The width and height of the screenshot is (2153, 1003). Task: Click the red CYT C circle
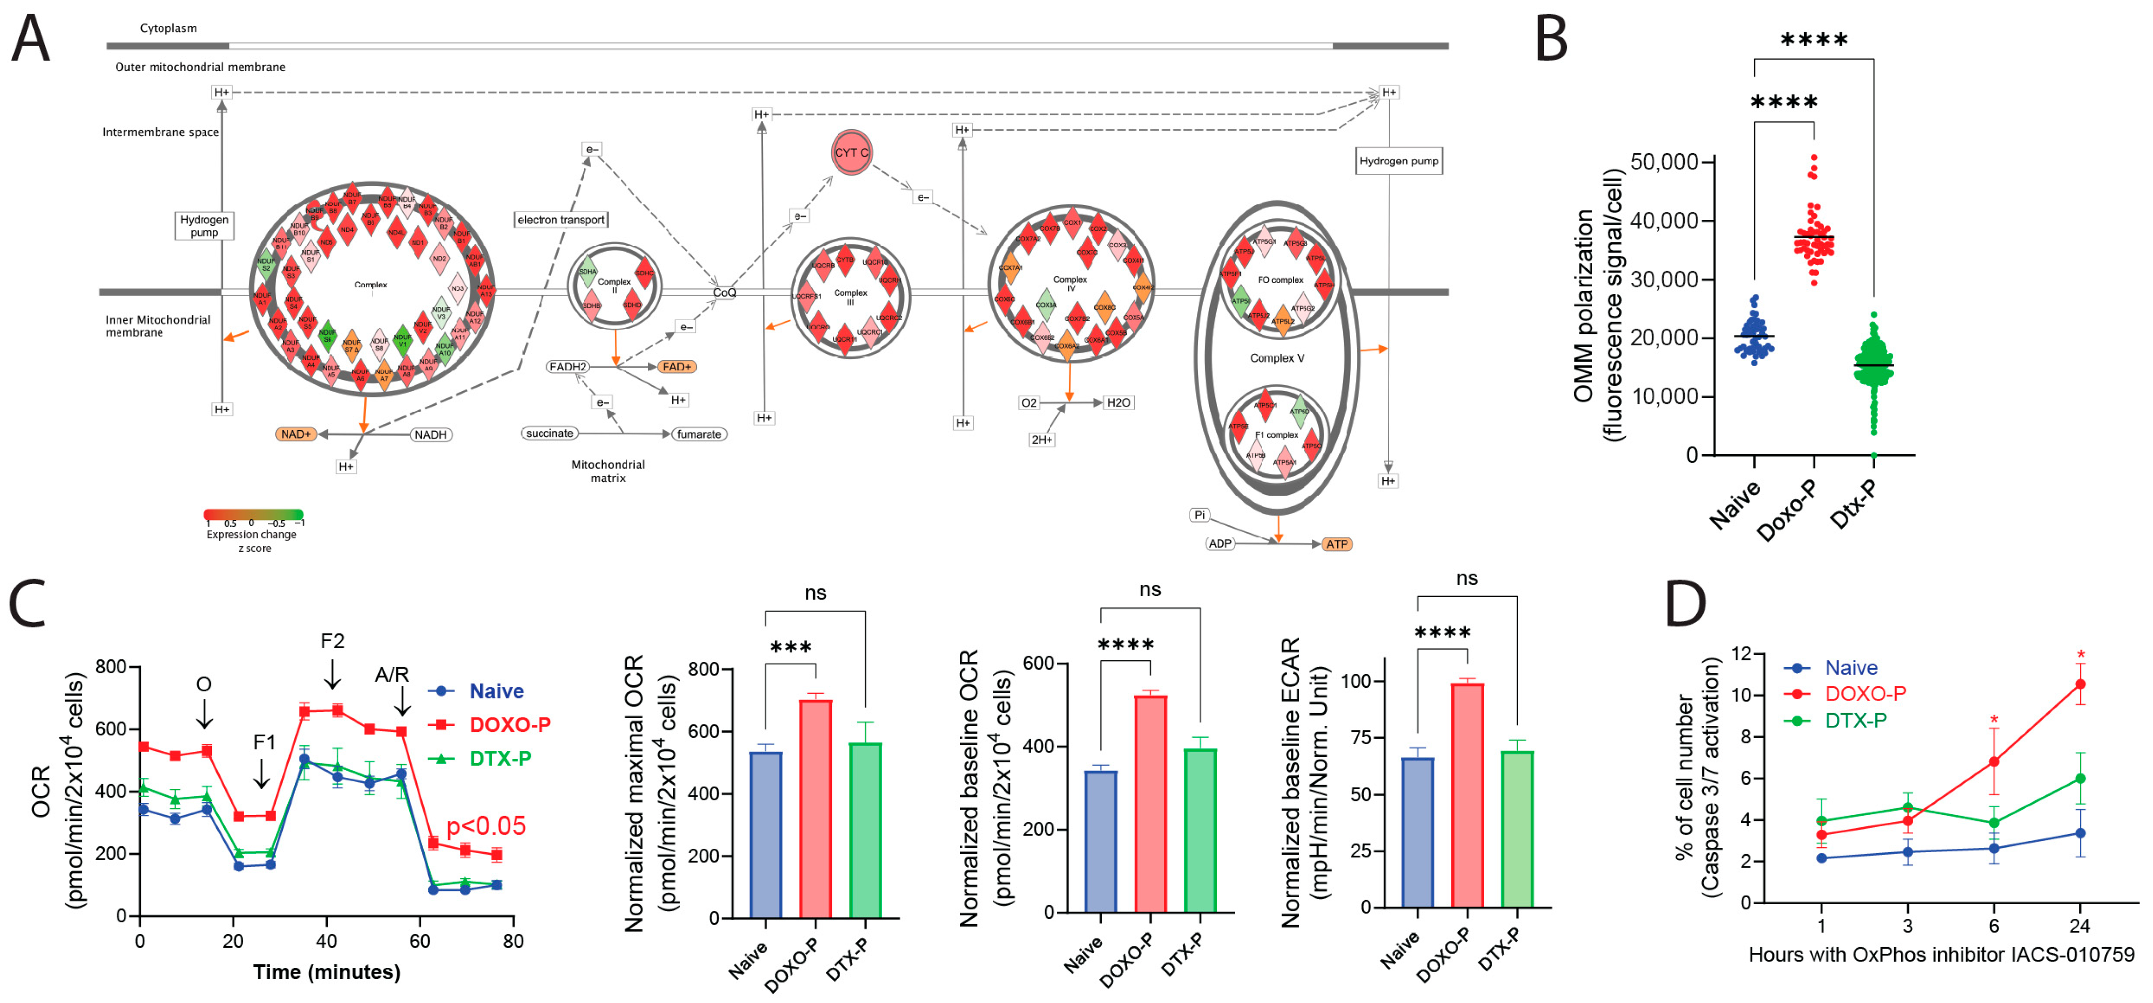click(851, 153)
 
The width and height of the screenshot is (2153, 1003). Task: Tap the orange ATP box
click(1336, 544)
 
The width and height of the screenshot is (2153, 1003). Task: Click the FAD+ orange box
click(676, 367)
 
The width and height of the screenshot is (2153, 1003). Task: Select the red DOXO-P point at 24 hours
click(2080, 684)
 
